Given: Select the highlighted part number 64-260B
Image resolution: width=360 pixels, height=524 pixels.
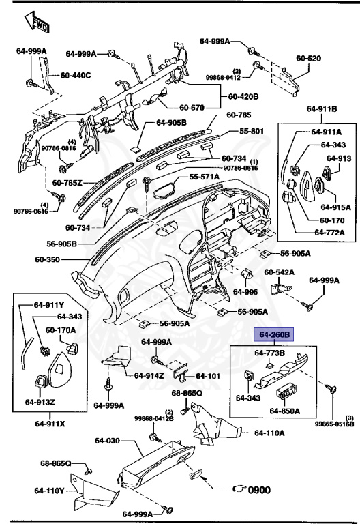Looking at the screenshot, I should click(274, 335).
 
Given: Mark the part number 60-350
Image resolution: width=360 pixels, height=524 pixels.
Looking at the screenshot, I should click(49, 260).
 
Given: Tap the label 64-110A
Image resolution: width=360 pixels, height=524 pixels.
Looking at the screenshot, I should click(269, 433).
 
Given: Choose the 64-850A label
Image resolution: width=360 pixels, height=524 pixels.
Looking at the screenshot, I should click(284, 411).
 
